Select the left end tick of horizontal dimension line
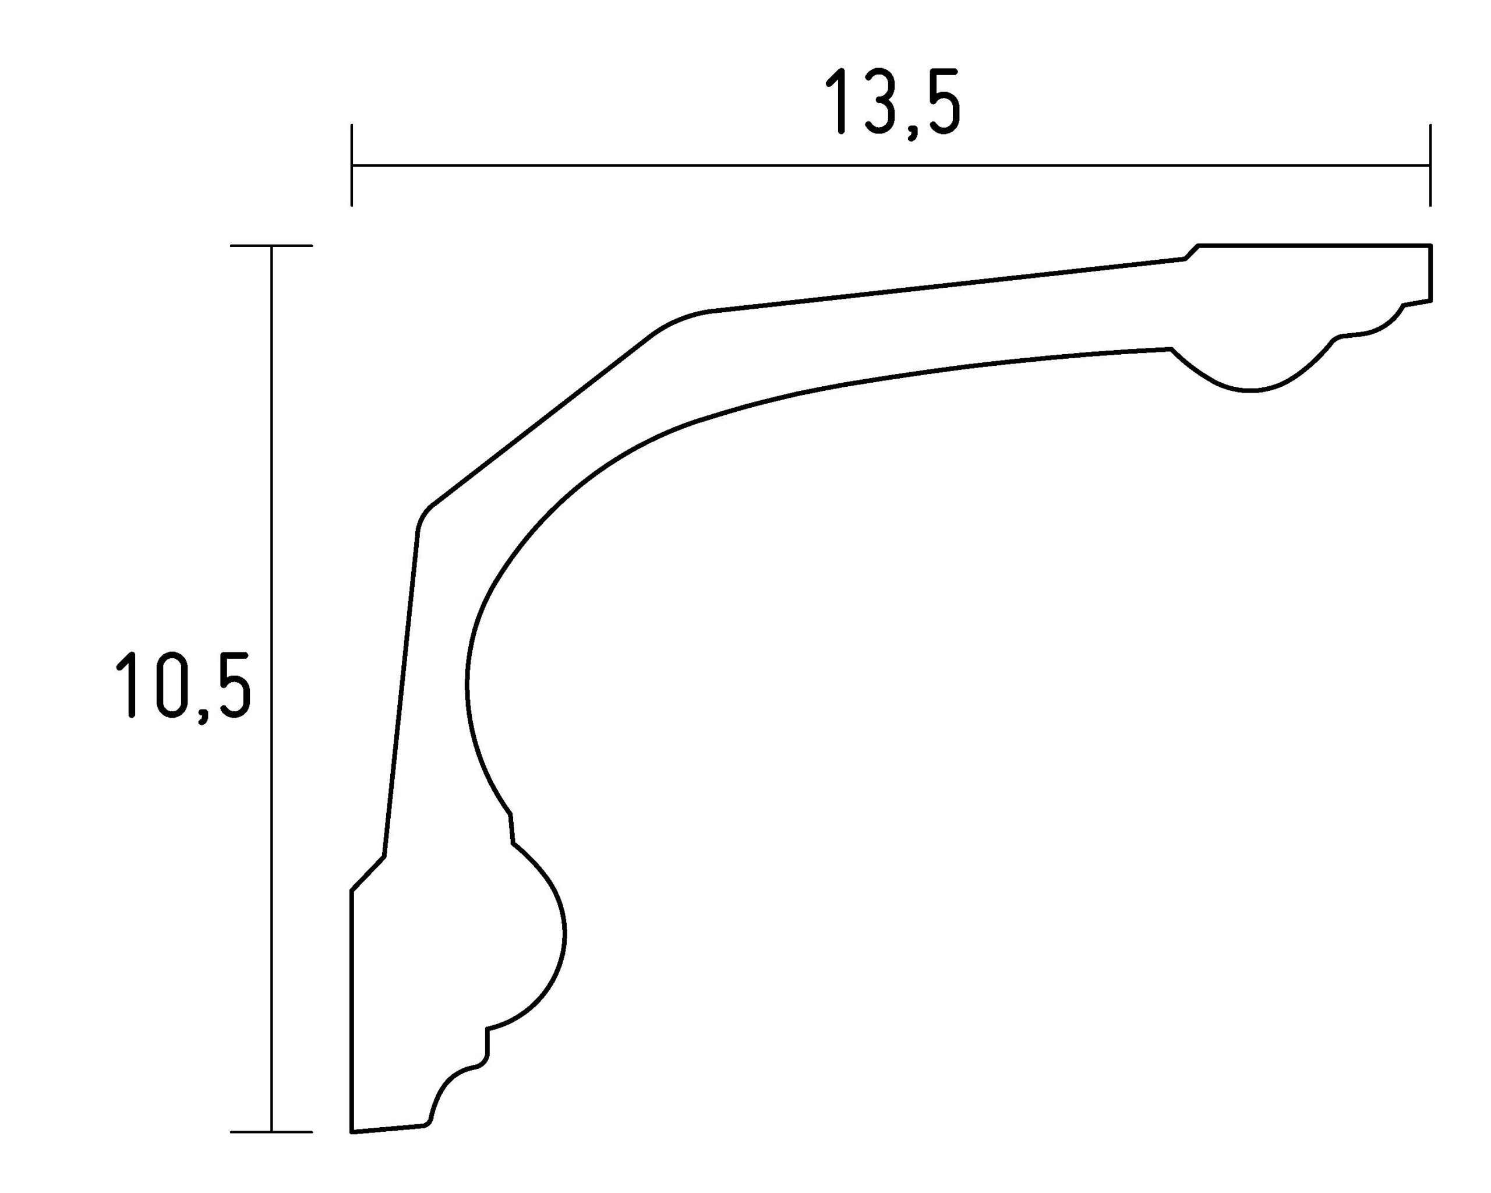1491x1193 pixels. [x=351, y=165]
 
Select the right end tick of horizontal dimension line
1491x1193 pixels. [x=1429, y=165]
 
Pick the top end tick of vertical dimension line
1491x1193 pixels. [x=271, y=245]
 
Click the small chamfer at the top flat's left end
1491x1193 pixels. [x=1192, y=252]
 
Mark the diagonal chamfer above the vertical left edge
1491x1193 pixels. [x=368, y=873]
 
